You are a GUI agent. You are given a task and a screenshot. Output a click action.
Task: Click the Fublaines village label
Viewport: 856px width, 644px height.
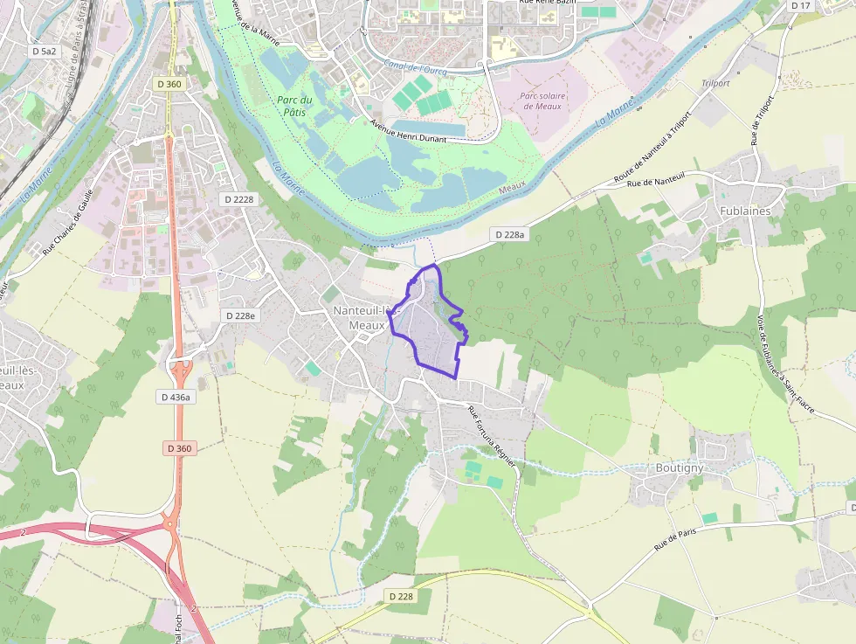[x=745, y=211]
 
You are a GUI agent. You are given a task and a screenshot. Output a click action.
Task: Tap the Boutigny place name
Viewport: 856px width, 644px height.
[x=679, y=467]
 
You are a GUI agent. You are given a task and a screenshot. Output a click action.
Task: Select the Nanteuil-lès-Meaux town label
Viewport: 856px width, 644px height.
[x=367, y=318]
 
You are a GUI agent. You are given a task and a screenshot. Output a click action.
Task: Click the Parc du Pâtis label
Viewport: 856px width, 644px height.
[x=294, y=106]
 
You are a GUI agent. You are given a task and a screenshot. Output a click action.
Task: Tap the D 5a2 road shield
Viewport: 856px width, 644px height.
[x=44, y=52]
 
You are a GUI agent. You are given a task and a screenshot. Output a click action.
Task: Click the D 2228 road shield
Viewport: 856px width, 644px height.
[x=238, y=199]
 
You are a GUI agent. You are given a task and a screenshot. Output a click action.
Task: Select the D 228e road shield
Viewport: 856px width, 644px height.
[x=240, y=315]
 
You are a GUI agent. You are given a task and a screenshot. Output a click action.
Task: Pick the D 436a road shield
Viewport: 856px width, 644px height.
[x=176, y=397]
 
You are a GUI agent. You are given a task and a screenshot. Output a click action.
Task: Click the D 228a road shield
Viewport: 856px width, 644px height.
[x=509, y=234]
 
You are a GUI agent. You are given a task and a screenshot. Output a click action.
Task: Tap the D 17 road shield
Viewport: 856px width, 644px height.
[x=800, y=6]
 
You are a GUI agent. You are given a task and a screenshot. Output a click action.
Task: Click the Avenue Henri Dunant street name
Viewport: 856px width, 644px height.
[x=408, y=132]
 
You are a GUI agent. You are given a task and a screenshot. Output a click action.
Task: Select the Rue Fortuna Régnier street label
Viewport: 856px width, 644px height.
[x=492, y=432]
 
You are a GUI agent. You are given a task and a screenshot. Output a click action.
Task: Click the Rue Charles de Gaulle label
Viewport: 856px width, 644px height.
[x=67, y=222]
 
